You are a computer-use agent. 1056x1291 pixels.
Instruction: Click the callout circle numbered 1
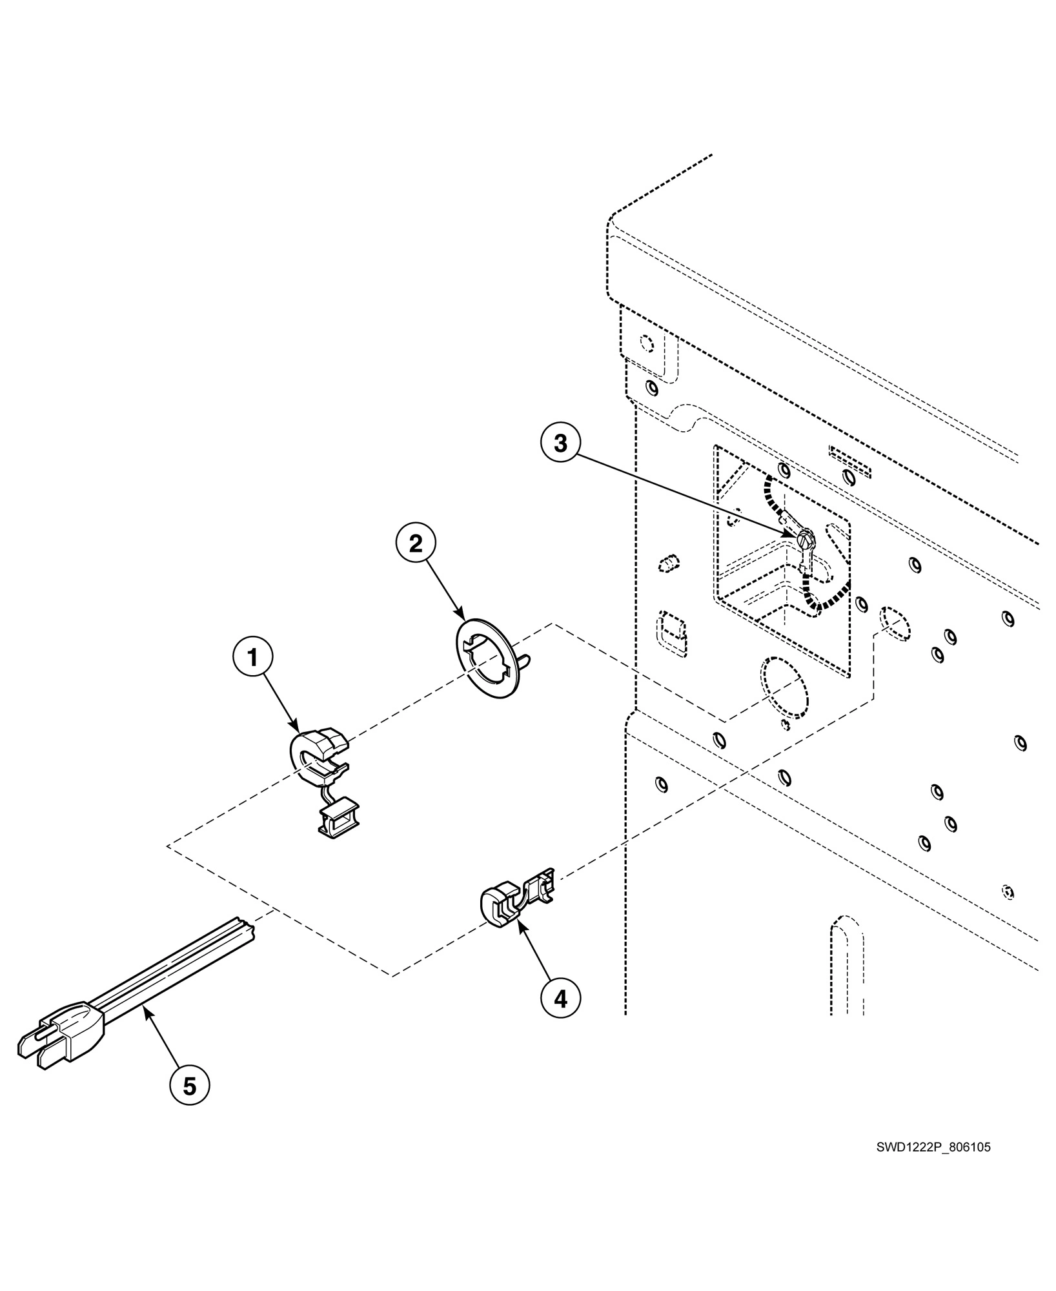(x=252, y=658)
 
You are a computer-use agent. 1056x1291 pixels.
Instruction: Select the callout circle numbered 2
(x=416, y=544)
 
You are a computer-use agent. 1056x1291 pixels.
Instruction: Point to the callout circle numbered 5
(x=189, y=1086)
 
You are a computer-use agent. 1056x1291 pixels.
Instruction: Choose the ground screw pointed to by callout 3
(x=806, y=539)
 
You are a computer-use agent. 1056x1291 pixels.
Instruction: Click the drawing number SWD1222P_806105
(x=933, y=1147)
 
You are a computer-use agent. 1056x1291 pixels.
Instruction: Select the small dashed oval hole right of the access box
(x=895, y=623)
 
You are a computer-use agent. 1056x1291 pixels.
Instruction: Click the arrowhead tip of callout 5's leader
(x=147, y=1012)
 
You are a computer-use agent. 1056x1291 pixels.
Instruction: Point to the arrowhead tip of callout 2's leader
(x=463, y=618)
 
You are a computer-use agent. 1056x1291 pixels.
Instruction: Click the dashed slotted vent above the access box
(x=849, y=462)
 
